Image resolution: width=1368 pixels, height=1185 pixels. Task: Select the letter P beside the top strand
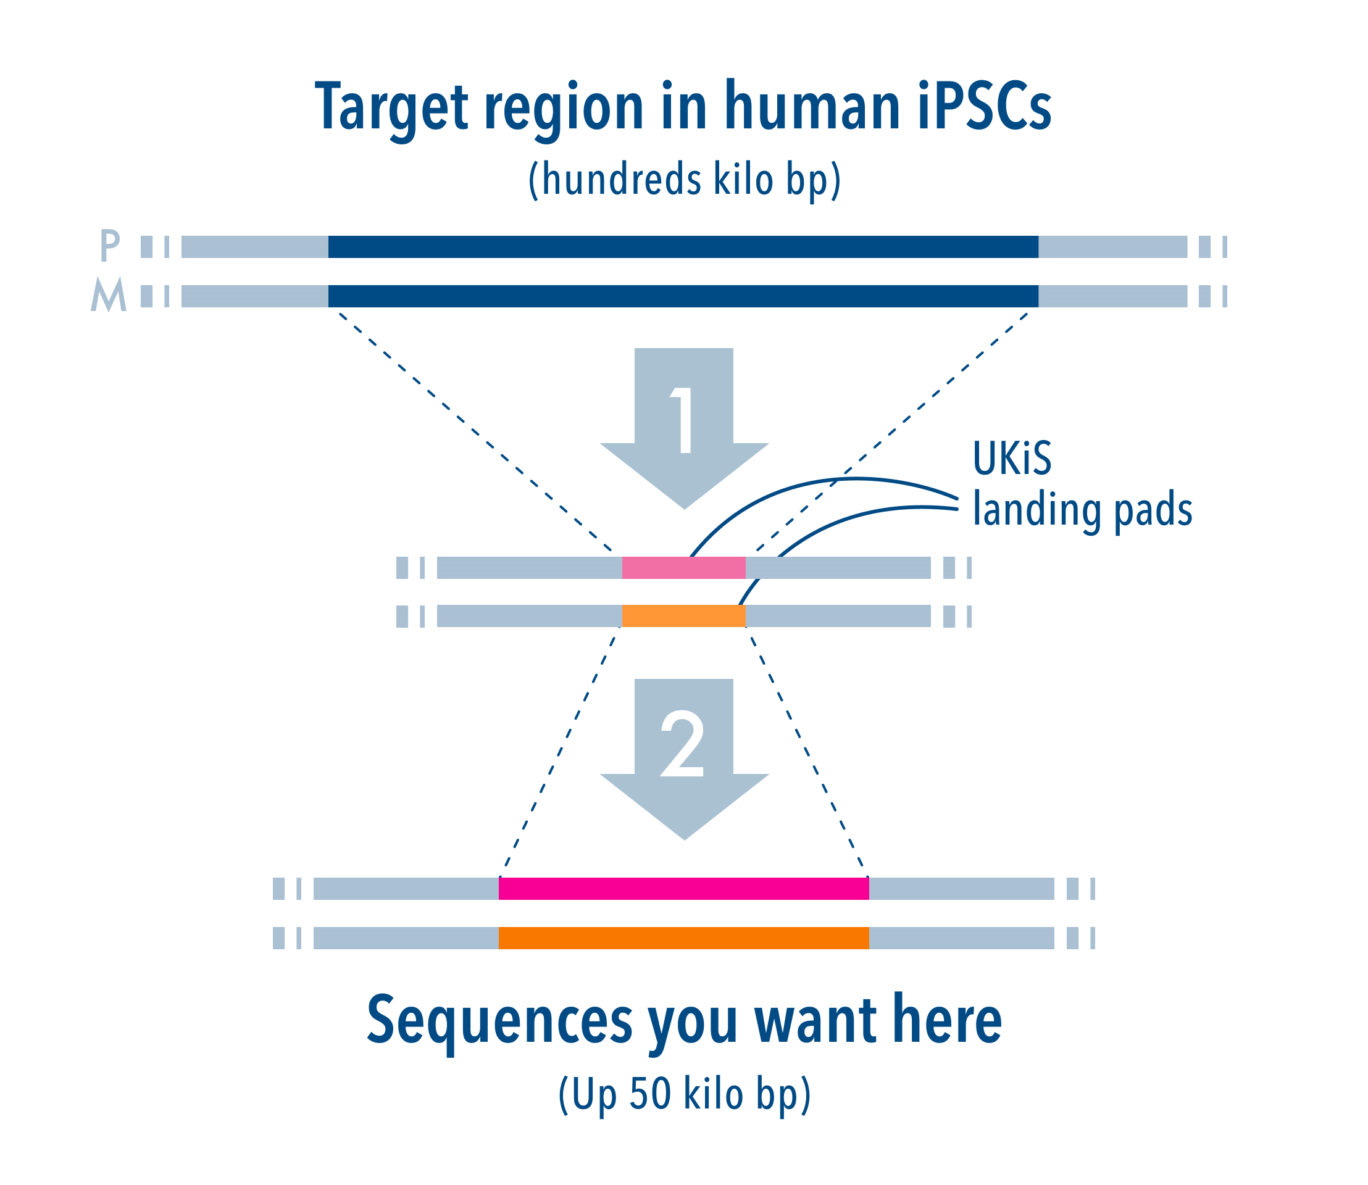coord(110,246)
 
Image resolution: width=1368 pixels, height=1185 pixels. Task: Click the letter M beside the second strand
coord(109,295)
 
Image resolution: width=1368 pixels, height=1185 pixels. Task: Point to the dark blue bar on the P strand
coord(683,247)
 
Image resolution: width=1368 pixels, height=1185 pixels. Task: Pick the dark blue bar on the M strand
coord(683,296)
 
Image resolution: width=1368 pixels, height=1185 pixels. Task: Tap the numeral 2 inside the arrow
coord(683,743)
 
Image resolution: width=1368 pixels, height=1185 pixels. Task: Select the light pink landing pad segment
coord(683,567)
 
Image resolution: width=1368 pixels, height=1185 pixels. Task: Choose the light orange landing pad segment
coord(683,616)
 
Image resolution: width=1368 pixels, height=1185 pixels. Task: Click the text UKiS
coord(1011,458)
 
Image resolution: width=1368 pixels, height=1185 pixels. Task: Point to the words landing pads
coord(1082,510)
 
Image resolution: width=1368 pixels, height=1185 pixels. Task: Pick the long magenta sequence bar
coord(683,889)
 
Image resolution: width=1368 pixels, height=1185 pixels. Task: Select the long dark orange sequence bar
coord(683,938)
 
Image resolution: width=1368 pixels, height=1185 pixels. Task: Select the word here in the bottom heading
coord(946,1020)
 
